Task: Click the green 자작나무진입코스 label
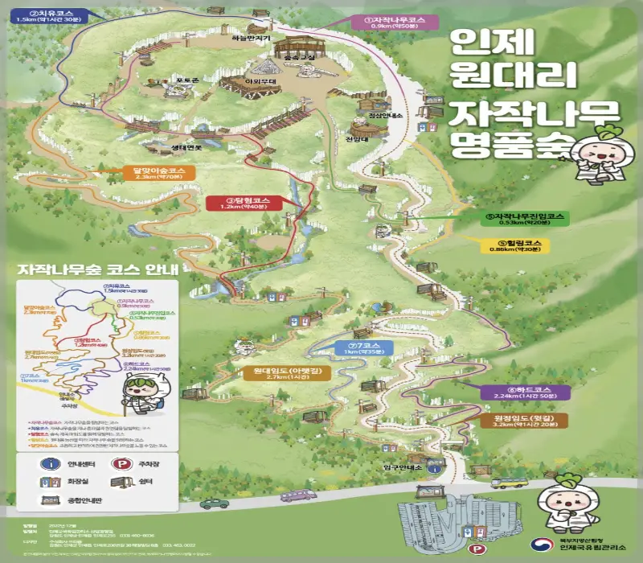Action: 526,220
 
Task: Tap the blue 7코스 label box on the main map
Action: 364,347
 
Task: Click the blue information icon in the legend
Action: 55,463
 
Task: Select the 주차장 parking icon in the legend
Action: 123,463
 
